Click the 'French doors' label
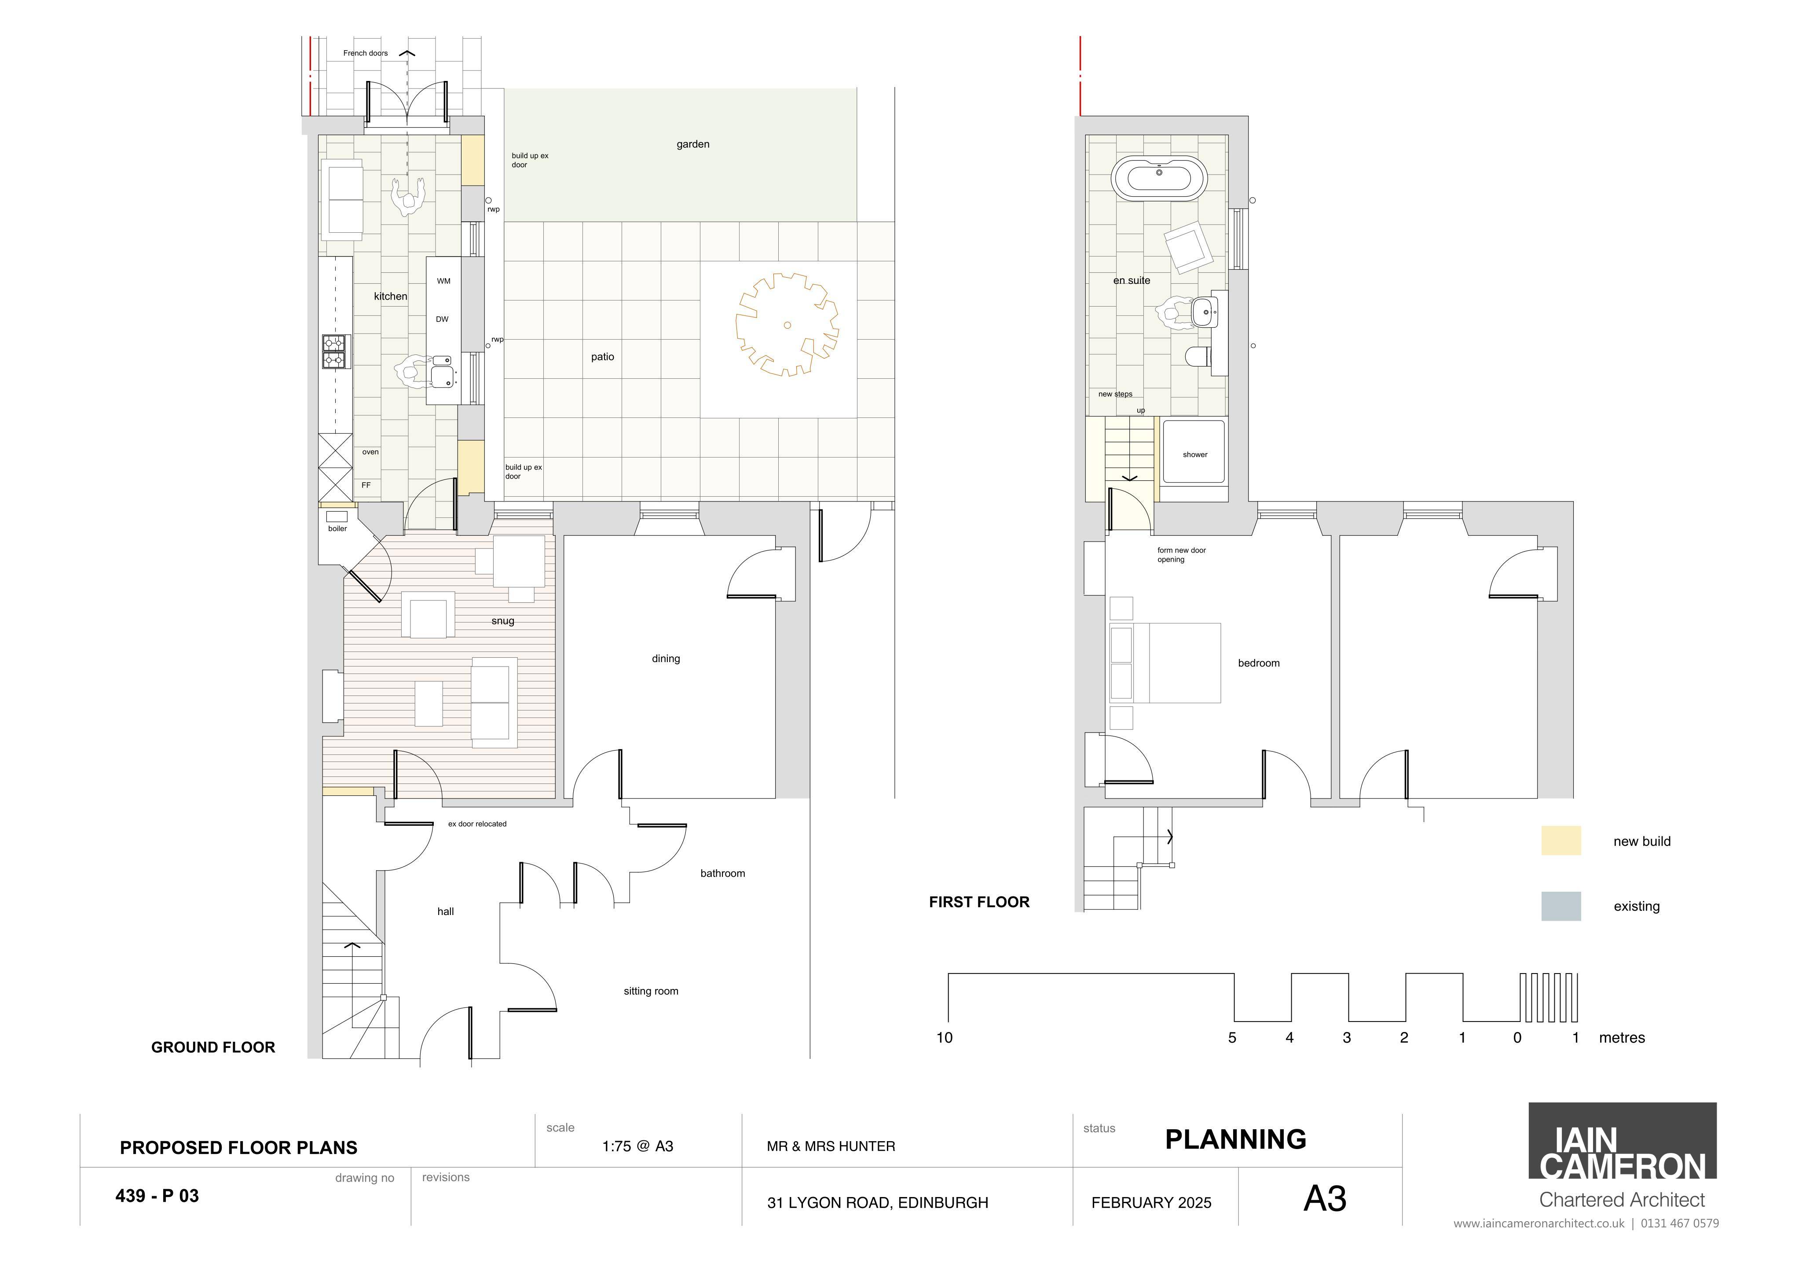tap(365, 53)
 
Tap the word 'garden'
tap(693, 144)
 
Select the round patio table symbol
tap(787, 324)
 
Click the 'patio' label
tap(603, 357)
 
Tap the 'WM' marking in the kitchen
tap(443, 281)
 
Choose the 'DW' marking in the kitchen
tap(443, 319)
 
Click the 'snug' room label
tap(503, 621)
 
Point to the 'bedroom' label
tap(1259, 663)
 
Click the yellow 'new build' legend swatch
tap(1561, 841)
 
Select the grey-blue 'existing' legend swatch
tap(1561, 906)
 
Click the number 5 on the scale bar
tap(1232, 1038)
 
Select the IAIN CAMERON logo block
tap(1622, 1141)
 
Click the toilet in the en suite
tap(1197, 357)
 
